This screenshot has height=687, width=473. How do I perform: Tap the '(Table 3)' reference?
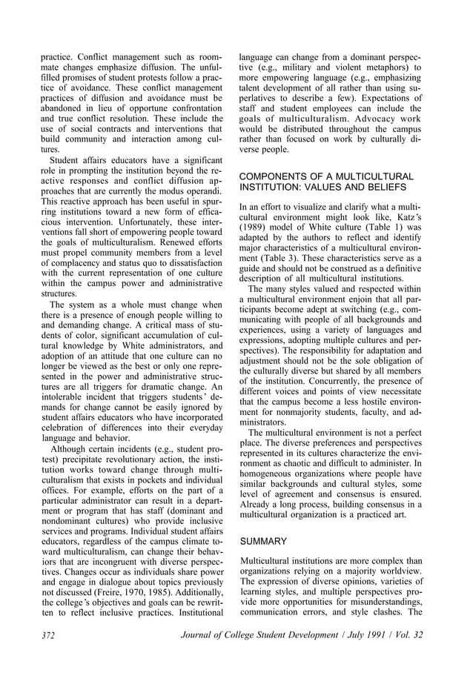tap(273, 250)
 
